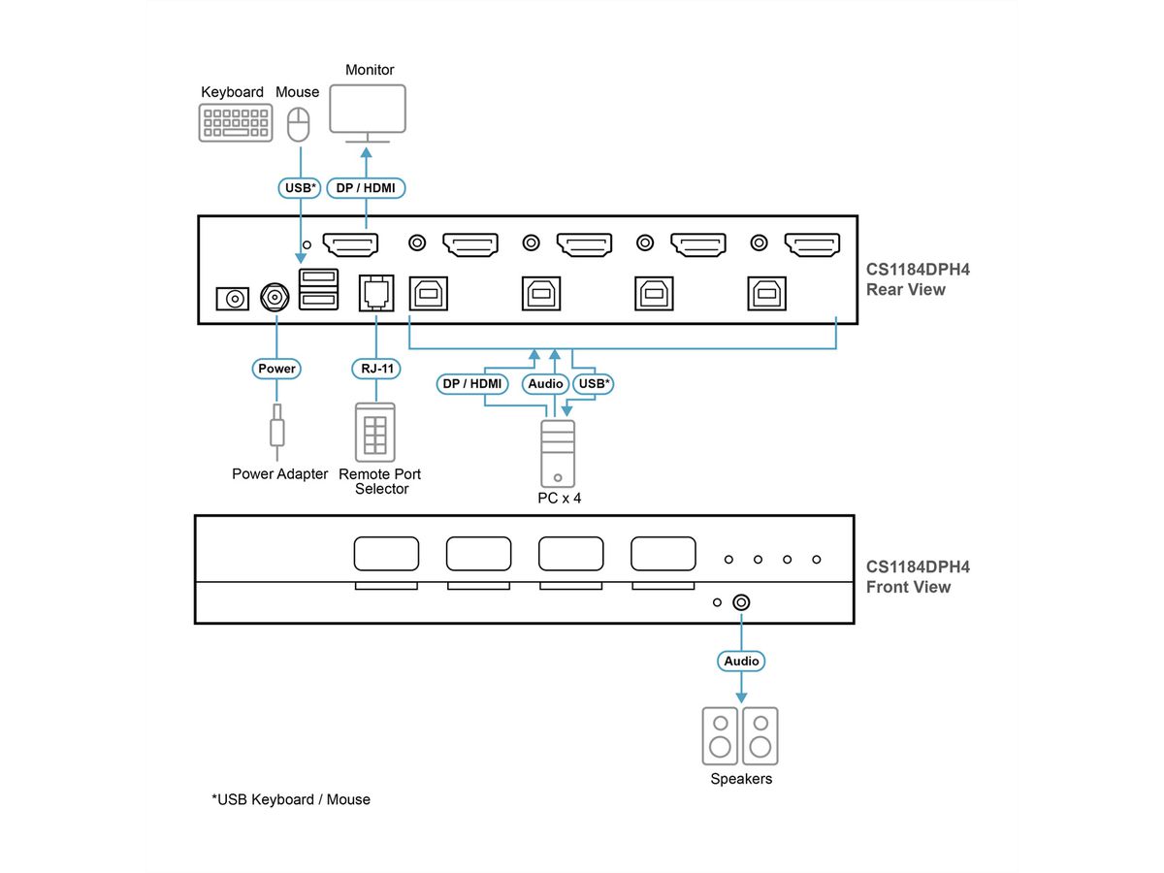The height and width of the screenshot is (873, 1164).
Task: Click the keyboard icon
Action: [x=234, y=123]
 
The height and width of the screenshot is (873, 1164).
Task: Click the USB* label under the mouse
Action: [x=299, y=187]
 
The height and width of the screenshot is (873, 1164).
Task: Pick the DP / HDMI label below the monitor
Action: [x=365, y=187]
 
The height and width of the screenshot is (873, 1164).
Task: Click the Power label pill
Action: [x=276, y=369]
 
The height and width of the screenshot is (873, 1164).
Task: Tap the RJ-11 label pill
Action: [x=374, y=369]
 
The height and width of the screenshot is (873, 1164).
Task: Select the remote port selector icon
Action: [x=375, y=432]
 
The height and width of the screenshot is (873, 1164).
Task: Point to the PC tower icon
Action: [x=558, y=452]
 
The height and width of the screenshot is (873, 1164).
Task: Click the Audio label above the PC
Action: [x=545, y=384]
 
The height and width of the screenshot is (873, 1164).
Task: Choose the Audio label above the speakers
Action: [x=741, y=661]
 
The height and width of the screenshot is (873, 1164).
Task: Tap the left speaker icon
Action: [x=720, y=735]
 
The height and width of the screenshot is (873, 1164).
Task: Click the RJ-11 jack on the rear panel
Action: [x=376, y=291]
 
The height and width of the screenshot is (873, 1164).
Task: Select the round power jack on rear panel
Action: [x=275, y=298]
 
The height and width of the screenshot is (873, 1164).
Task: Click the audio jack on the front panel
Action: [x=741, y=602]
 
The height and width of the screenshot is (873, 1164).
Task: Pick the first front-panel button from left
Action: [x=386, y=555]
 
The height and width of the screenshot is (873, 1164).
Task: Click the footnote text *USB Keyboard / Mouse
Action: [x=291, y=799]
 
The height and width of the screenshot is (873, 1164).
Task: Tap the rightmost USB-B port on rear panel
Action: [x=765, y=292]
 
